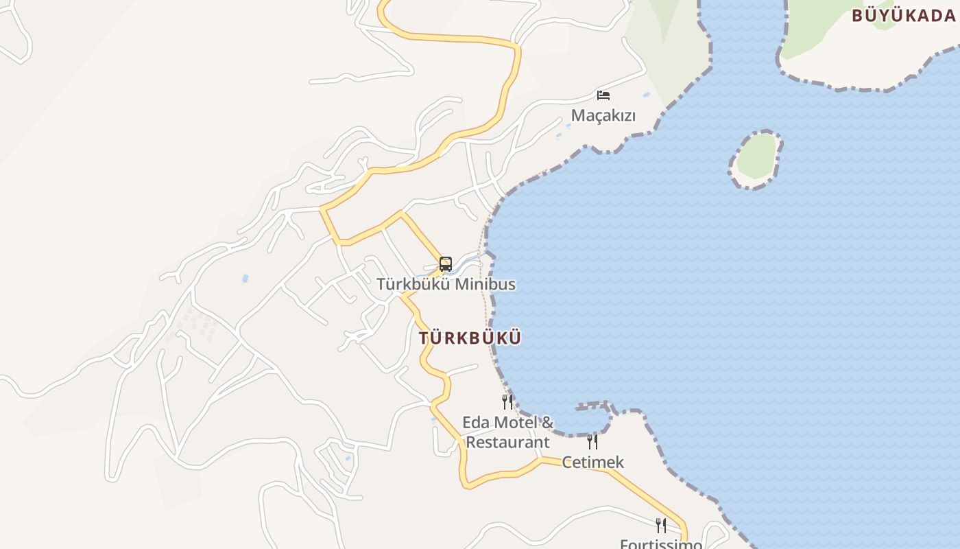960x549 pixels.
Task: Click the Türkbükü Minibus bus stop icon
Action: [446, 264]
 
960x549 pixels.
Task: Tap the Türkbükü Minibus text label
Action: [446, 284]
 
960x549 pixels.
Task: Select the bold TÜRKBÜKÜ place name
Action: [470, 338]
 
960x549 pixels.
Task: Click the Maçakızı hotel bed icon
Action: [603, 95]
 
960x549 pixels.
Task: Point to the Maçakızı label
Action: [603, 115]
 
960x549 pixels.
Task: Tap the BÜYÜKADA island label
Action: [904, 15]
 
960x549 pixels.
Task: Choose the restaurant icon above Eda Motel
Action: [507, 402]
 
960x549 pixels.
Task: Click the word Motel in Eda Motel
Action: [509, 422]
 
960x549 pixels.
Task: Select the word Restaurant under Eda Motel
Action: [507, 442]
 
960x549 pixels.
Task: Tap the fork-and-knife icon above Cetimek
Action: [592, 441]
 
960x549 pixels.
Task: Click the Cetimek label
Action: [593, 462]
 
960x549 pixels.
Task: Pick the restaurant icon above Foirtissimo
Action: [661, 526]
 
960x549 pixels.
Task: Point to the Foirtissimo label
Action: [661, 544]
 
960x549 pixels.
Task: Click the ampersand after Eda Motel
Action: [547, 422]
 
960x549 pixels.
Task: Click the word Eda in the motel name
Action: [474, 422]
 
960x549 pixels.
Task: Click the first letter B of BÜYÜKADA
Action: [857, 15]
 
